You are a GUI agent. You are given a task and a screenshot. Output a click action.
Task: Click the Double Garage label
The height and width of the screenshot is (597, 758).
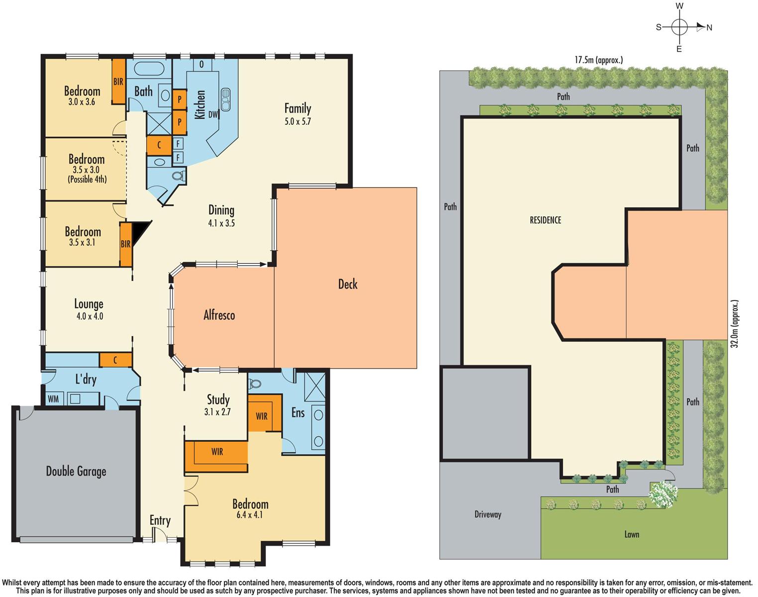pyautogui.click(x=76, y=472)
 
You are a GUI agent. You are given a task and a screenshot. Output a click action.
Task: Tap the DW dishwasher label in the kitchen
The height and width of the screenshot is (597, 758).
pyautogui.click(x=213, y=114)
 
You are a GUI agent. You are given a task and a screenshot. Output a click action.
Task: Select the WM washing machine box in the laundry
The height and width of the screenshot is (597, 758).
pyautogui.click(x=53, y=399)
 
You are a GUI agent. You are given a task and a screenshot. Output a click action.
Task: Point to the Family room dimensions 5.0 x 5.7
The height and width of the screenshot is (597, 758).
pyautogui.click(x=297, y=121)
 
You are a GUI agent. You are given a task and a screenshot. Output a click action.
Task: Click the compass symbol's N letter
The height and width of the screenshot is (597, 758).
pyautogui.click(x=709, y=28)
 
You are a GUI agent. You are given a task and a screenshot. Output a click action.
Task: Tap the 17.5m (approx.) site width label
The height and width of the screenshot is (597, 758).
pyautogui.click(x=598, y=60)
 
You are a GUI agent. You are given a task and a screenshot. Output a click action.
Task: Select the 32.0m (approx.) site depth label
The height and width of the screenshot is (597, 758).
pyautogui.click(x=736, y=324)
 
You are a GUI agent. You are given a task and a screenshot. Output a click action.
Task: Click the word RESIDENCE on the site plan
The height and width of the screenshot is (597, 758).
pyautogui.click(x=545, y=220)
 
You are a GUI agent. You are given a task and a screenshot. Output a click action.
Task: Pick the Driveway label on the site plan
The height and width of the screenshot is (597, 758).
pyautogui.click(x=487, y=514)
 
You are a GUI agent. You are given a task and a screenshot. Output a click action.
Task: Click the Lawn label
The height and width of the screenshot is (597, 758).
pyautogui.click(x=632, y=534)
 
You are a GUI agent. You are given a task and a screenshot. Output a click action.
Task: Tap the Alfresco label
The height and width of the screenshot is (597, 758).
pyautogui.click(x=219, y=315)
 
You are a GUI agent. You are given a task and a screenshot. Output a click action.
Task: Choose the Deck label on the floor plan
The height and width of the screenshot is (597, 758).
pyautogui.click(x=348, y=284)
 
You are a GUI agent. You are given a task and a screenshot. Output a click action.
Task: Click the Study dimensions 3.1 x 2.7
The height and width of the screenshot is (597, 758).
pyautogui.click(x=218, y=412)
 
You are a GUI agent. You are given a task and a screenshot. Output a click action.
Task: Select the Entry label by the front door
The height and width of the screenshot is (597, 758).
pyautogui.click(x=160, y=520)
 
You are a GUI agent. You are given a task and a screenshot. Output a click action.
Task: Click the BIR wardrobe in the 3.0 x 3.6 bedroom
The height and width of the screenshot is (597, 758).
pyautogui.click(x=118, y=82)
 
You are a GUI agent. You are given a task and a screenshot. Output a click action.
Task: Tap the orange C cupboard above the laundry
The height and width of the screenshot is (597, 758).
pyautogui.click(x=115, y=360)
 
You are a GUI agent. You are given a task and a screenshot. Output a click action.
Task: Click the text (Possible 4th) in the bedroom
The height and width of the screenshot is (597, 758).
pyautogui.click(x=87, y=179)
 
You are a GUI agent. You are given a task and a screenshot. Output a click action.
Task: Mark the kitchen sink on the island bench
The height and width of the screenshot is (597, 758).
pyautogui.click(x=225, y=99)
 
